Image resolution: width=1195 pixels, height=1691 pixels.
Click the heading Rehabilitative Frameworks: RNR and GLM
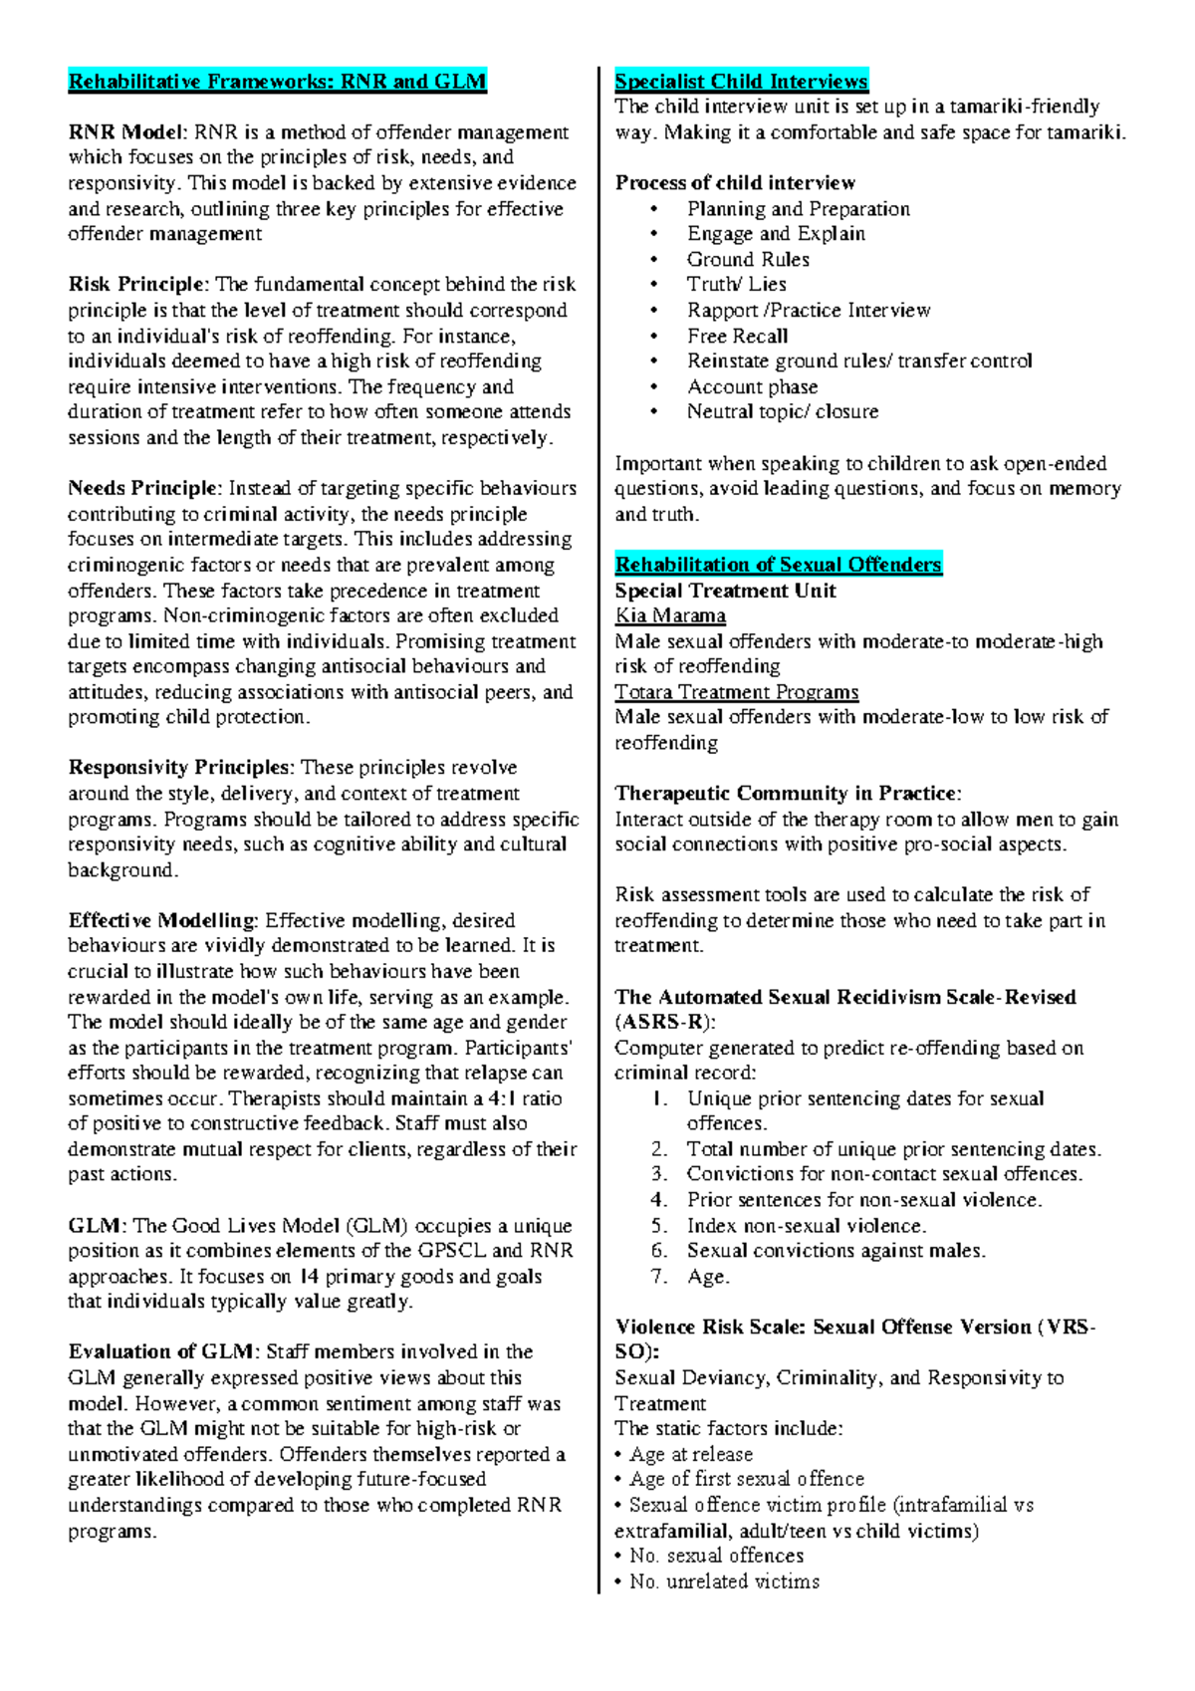[x=277, y=82]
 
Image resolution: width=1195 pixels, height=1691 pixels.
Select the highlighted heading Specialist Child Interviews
[x=741, y=82]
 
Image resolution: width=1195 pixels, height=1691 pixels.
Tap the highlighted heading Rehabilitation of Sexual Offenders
[x=778, y=565]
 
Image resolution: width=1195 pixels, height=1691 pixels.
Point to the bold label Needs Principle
[x=142, y=488]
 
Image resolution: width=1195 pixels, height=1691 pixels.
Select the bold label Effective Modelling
[x=162, y=920]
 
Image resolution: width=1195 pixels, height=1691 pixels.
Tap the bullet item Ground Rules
[x=748, y=259]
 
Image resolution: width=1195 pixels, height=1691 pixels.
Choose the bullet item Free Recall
[x=737, y=336]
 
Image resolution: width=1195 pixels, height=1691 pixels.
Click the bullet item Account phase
[x=752, y=386]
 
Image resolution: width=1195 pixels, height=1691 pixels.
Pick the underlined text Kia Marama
[x=670, y=615]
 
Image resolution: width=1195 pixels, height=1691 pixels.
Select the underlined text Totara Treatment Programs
[x=736, y=692]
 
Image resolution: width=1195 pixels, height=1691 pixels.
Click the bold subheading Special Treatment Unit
[x=725, y=591]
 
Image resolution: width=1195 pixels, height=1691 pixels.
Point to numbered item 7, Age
[x=708, y=1277]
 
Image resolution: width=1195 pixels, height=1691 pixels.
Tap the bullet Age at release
[x=690, y=1454]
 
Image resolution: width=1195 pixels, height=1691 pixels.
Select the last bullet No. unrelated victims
[x=724, y=1581]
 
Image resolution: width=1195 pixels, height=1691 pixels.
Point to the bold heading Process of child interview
[x=735, y=183]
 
